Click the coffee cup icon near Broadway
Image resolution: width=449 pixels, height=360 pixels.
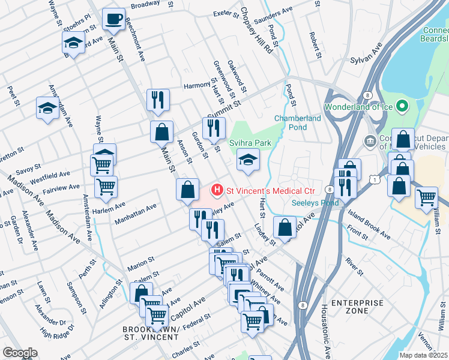pyautogui.click(x=112, y=19)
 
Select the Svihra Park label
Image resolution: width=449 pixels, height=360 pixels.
pyautogui.click(x=250, y=143)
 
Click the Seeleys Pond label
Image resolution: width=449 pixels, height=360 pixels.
pyautogui.click(x=316, y=203)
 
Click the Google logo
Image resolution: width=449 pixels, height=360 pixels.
pyautogui.click(x=20, y=353)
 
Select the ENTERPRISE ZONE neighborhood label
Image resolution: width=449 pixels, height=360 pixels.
pyautogui.click(x=357, y=307)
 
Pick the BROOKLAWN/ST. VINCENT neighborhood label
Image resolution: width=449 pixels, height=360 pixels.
pyautogui.click(x=150, y=334)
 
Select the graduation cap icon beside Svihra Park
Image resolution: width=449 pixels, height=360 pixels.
pyautogui.click(x=246, y=160)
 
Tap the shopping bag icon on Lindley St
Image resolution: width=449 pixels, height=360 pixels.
pyautogui.click(x=285, y=227)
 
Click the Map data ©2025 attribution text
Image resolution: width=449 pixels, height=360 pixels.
pyautogui.click(x=423, y=355)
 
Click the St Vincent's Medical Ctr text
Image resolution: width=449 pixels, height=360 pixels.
pyautogui.click(x=270, y=191)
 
